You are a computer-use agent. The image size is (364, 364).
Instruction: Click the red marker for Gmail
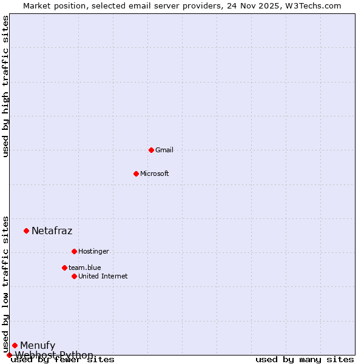[x=151, y=150]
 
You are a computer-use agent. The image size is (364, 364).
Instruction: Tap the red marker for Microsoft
[x=136, y=174]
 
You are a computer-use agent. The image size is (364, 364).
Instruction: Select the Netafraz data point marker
[x=26, y=231]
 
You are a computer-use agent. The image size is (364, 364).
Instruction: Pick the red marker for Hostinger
[x=74, y=251]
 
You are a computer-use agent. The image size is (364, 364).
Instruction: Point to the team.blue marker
[x=64, y=268]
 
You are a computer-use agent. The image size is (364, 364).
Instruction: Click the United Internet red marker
[x=74, y=276]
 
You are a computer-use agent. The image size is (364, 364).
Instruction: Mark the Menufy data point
[x=15, y=346]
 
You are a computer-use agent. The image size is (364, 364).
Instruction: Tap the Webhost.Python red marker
[x=9, y=355]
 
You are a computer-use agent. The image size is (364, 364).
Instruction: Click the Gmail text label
[x=164, y=150]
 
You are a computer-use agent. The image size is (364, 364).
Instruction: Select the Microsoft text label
[x=155, y=174]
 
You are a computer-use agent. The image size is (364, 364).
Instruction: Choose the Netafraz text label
[x=52, y=231]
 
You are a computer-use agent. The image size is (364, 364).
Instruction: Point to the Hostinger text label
[x=93, y=251]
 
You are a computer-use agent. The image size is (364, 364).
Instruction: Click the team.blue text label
[x=85, y=268]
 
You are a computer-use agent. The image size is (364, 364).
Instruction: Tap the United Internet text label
[x=103, y=276]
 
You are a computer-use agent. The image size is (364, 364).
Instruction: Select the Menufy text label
[x=38, y=346]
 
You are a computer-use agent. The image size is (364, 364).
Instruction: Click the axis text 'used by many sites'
[x=305, y=360]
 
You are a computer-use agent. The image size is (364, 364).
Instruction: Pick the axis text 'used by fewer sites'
[x=63, y=360]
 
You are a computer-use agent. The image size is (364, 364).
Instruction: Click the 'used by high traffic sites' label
[x=6, y=86]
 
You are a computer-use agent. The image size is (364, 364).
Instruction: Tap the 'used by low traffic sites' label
[x=6, y=284]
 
